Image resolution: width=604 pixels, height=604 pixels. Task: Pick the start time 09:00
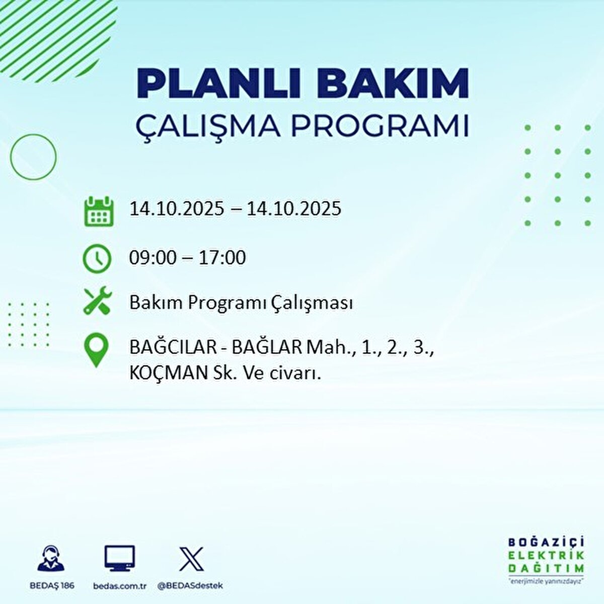(x=153, y=258)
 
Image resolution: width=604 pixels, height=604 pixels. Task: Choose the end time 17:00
(x=222, y=258)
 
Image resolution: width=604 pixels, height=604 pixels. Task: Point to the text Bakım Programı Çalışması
(x=241, y=303)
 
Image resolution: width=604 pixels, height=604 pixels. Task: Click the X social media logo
(x=192, y=559)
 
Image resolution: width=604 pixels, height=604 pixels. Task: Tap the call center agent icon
(x=51, y=559)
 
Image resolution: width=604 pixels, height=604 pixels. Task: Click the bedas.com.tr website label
(x=120, y=586)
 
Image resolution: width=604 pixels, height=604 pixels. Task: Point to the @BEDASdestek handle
(x=190, y=586)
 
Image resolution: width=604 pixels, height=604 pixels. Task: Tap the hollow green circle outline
(x=33, y=157)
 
